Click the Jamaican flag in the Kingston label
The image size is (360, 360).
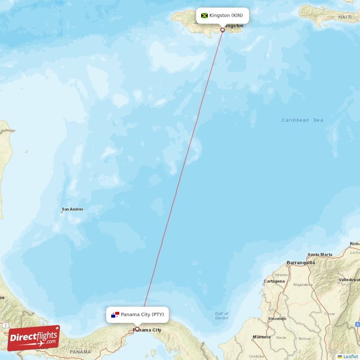click(x=204, y=15)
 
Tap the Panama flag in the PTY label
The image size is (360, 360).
click(x=115, y=315)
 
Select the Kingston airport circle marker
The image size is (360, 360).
click(x=222, y=30)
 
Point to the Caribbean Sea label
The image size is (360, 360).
click(x=302, y=120)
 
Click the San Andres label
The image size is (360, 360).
click(x=72, y=209)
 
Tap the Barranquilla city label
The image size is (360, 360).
click(x=301, y=263)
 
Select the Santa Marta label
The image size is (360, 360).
click(x=320, y=255)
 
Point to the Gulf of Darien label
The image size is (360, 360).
click(x=221, y=316)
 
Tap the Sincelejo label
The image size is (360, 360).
click(x=277, y=319)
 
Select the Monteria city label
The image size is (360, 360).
click(x=261, y=337)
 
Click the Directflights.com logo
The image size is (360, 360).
click(x=33, y=338)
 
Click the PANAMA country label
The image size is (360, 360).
click(x=81, y=352)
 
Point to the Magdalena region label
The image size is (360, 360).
click(x=303, y=285)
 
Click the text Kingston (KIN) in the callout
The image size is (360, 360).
click(x=226, y=15)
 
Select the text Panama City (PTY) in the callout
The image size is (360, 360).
click(x=142, y=315)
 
